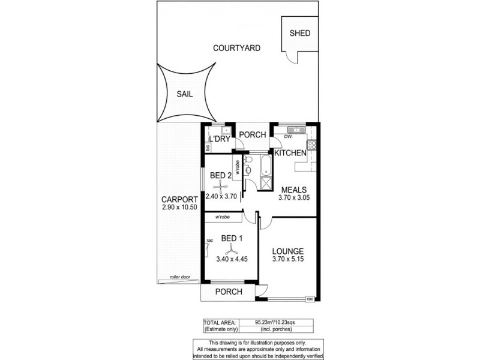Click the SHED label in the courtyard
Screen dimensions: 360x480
(x=299, y=33)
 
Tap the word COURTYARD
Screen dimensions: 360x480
(x=239, y=48)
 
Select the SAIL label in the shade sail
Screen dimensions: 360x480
(x=185, y=94)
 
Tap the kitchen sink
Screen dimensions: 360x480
(x=295, y=130)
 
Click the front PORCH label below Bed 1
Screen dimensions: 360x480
(x=228, y=292)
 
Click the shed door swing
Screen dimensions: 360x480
(x=292, y=56)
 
